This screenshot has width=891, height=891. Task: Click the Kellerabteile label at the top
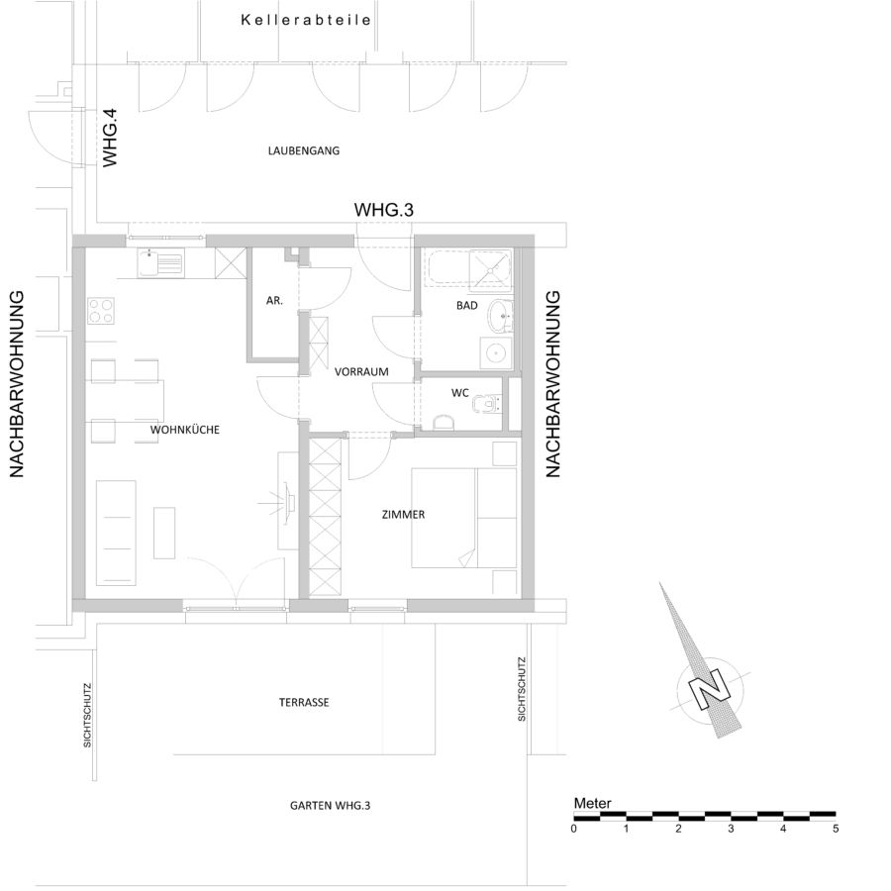306,20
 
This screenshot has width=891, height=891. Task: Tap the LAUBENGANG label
304,150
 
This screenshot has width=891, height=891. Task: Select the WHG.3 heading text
383,210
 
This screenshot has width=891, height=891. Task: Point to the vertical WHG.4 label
109,138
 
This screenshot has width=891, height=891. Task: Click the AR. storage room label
274,301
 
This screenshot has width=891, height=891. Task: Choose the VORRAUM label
361,371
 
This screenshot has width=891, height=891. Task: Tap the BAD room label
467,305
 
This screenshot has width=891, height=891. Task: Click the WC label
459,393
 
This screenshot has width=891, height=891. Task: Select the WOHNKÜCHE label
185,430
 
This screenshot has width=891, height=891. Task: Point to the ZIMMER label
404,514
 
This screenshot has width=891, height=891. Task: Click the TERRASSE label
304,702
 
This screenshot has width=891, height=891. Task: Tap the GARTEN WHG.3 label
330,805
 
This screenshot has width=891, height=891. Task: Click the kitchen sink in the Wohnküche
160,263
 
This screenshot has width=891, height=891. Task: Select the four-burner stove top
101,311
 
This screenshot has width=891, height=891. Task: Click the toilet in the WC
487,402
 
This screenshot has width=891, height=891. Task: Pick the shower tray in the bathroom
490,266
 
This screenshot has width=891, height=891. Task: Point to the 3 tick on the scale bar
731,829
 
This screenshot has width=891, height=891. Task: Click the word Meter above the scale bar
593,803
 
